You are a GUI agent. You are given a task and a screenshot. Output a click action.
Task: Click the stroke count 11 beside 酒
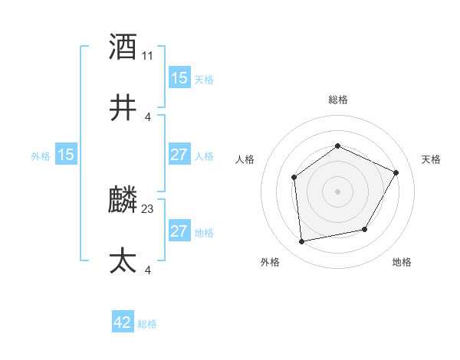click(148, 55)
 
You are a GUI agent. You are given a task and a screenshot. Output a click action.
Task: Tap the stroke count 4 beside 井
click(148, 116)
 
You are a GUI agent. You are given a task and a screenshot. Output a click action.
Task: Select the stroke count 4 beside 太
click(148, 270)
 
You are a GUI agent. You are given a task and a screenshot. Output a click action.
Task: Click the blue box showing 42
click(123, 322)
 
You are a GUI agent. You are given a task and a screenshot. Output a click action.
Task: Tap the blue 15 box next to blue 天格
click(179, 78)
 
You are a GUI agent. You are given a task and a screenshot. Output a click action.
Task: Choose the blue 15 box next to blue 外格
click(66, 155)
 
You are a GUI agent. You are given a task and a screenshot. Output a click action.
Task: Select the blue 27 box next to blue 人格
click(179, 155)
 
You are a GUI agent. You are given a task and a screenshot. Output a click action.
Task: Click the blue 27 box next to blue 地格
click(179, 231)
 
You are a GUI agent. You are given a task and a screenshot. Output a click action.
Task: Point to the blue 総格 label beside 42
click(147, 324)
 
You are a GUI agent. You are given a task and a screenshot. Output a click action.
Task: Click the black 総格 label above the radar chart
click(337, 100)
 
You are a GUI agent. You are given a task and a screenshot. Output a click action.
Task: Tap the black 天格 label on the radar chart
click(431, 159)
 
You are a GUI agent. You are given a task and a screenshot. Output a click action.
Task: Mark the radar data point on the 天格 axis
click(396, 172)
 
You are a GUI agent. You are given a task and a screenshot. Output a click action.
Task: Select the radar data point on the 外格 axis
click(302, 242)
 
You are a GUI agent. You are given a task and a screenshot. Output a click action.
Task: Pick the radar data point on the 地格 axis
click(365, 230)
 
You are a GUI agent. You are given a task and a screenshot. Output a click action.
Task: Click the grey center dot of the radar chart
click(337, 191)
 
